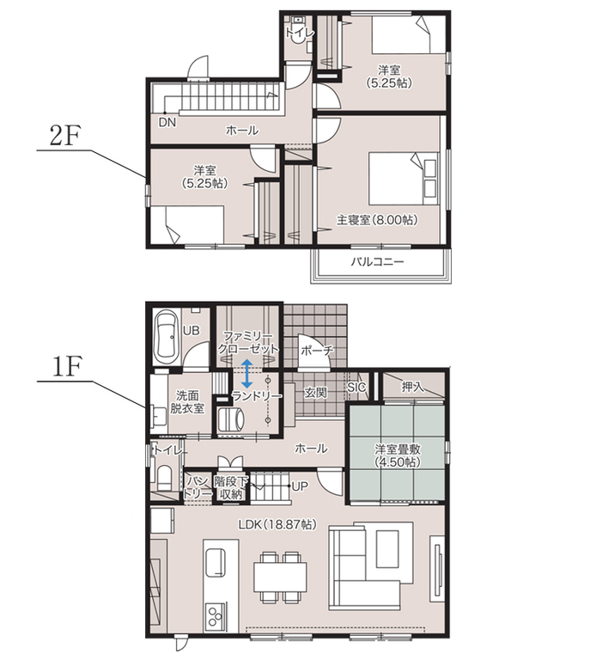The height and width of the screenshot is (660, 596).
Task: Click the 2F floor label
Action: [x=64, y=136]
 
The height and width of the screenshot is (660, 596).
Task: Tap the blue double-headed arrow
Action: [x=246, y=373]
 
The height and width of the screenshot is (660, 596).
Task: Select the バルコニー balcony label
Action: [x=377, y=262]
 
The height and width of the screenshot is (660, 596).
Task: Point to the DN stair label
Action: [x=167, y=123]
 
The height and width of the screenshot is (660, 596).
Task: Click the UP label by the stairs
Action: [x=300, y=486]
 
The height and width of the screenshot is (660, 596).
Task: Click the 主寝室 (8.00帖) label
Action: [x=377, y=220]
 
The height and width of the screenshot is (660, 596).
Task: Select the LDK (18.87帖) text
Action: [x=277, y=524]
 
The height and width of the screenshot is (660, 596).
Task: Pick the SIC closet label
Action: [x=356, y=388]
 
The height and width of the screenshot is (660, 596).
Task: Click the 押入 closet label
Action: [x=412, y=387]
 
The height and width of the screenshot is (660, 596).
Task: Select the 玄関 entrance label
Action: [x=315, y=393]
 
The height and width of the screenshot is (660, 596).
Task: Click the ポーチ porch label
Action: [x=318, y=351]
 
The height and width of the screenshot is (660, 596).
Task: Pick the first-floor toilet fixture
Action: [x=165, y=478]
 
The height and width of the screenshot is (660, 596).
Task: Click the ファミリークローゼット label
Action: [x=247, y=343]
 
